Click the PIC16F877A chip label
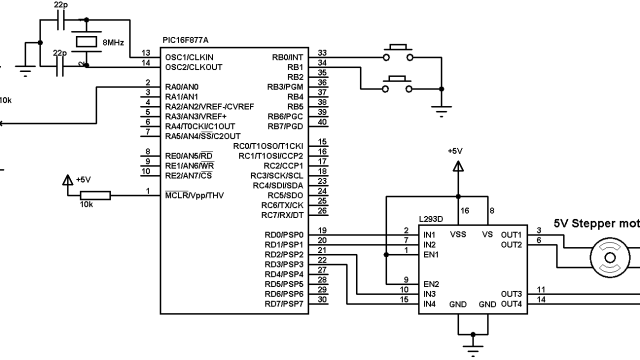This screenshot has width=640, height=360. (x=186, y=39)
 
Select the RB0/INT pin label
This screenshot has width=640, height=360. (x=287, y=57)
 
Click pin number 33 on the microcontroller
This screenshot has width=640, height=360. (x=322, y=53)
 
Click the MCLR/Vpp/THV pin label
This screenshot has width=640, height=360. (x=195, y=194)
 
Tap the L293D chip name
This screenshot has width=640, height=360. (x=432, y=218)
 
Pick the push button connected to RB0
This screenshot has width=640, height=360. (x=397, y=50)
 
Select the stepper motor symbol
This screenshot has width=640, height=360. (x=608, y=258)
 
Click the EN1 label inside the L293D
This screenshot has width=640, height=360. (x=432, y=254)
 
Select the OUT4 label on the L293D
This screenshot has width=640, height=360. (x=511, y=304)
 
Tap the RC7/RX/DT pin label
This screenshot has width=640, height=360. (x=282, y=215)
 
